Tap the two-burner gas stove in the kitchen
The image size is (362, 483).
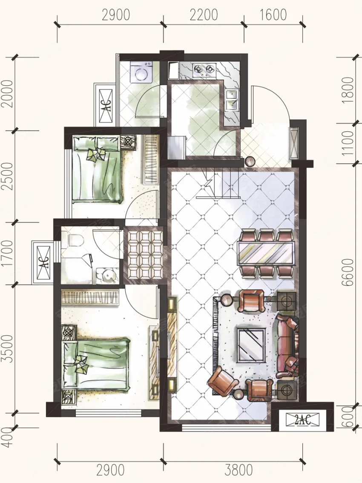pyautogui.click(x=204, y=70)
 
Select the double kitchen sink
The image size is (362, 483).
pyautogui.click(x=231, y=100)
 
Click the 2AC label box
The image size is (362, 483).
pyautogui.click(x=302, y=419)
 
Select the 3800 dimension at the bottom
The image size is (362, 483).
pyautogui.click(x=238, y=470)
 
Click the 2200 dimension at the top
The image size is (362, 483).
pyautogui.click(x=204, y=15)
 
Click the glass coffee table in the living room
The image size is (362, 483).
pyautogui.click(x=252, y=345)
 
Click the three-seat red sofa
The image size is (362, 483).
pyautogui.click(x=287, y=346)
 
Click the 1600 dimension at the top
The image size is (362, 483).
pyautogui.click(x=273, y=15)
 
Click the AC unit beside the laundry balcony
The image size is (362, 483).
pyautogui.click(x=106, y=105)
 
